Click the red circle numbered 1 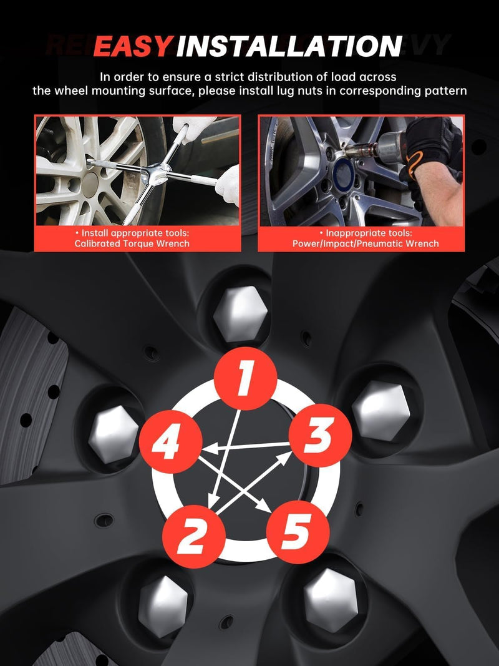pyautogui.click(x=245, y=378)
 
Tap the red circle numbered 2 pyautogui.click(x=194, y=536)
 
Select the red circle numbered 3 pyautogui.click(x=321, y=435)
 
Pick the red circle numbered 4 pyautogui.click(x=170, y=442)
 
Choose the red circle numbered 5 pyautogui.click(x=298, y=532)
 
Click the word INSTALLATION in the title pyautogui.click(x=289, y=46)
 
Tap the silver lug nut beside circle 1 pyautogui.click(x=241, y=314)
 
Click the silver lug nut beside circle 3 pyautogui.click(x=381, y=411)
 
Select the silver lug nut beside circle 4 pyautogui.click(x=114, y=434)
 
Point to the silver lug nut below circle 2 pyautogui.click(x=163, y=607)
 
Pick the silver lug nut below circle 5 pyautogui.click(x=331, y=600)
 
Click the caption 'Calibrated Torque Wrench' pyautogui.click(x=132, y=244)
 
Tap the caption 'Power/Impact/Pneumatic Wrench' pyautogui.click(x=366, y=244)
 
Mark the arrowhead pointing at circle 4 pyautogui.click(x=206, y=448)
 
